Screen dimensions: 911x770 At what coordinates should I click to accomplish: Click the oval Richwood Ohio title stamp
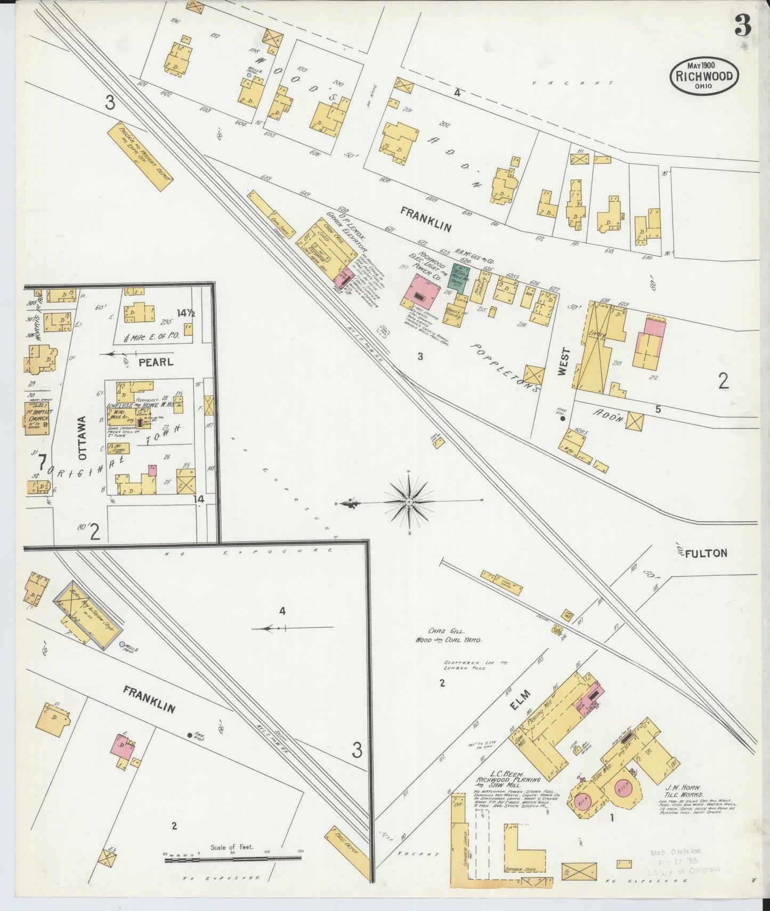coord(704,75)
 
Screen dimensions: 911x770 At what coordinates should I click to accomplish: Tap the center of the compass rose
coord(409,502)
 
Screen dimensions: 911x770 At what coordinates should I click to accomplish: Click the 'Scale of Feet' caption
coord(232,847)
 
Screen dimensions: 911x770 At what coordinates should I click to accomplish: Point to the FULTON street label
coord(706,553)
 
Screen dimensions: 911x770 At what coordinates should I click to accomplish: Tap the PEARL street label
coord(149,362)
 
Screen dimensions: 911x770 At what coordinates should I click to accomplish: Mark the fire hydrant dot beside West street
coord(563,419)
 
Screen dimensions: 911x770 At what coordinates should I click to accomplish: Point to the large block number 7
coord(42,461)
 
